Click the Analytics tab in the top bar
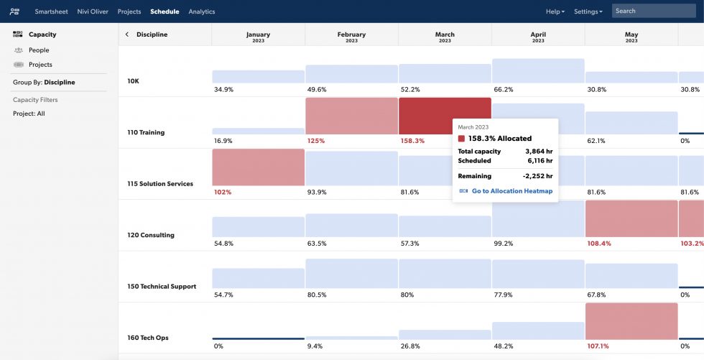[x=201, y=11]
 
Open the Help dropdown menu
[x=555, y=11]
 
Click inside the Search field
[x=654, y=11]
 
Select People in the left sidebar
[x=39, y=50]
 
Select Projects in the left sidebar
[x=40, y=65]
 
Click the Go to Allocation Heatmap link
[x=511, y=191]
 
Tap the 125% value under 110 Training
[x=315, y=141]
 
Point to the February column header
[x=351, y=37]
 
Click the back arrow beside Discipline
[x=127, y=34]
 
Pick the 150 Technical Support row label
[x=162, y=287]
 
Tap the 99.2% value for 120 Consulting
[x=504, y=244]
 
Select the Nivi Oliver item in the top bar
[x=93, y=11]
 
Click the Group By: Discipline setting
[x=44, y=83]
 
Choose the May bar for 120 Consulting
[x=631, y=218]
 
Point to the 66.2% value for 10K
[x=504, y=90]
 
